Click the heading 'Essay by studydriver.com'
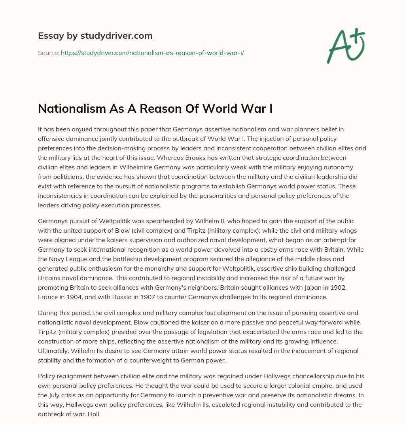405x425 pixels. click(95, 36)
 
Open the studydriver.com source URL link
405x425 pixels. click(152, 52)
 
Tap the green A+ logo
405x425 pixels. click(345, 45)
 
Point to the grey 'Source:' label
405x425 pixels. click(48, 52)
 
